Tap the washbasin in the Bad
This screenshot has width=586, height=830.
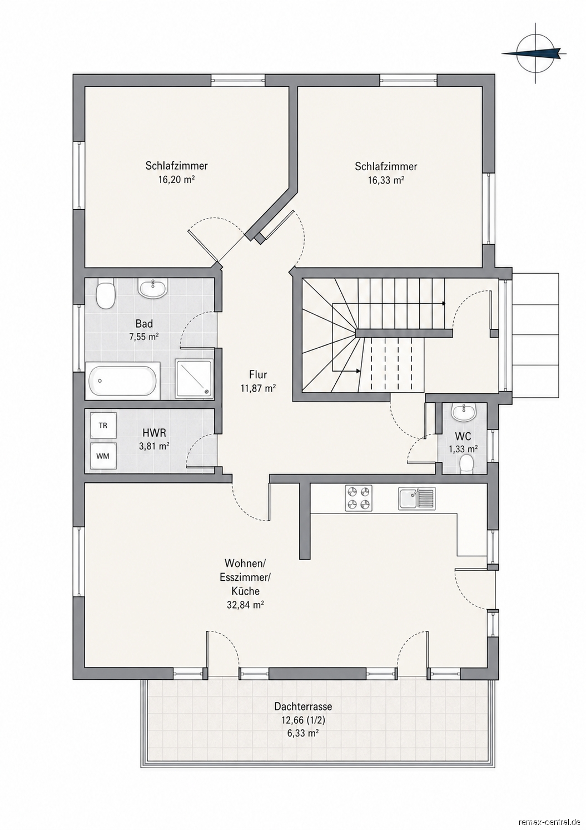152,288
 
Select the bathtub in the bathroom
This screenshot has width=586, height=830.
123,381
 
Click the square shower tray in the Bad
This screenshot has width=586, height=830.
193,379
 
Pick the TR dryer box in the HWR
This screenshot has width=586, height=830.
103,426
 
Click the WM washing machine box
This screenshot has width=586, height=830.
103,456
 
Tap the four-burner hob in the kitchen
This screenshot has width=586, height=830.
359,498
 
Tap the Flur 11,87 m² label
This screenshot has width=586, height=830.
258,381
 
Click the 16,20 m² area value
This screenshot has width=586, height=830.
176,180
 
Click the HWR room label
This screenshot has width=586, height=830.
154,432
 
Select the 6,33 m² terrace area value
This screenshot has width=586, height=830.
303,733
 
